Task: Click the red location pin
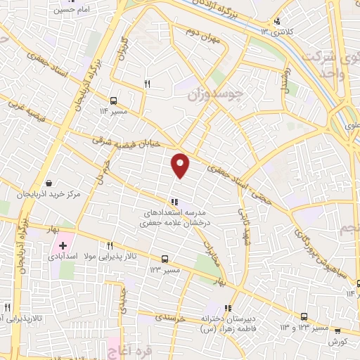pos(181,165)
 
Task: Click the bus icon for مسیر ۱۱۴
pos(114,101)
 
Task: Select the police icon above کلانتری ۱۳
pos(277,21)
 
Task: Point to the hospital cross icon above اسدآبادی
pos(63,246)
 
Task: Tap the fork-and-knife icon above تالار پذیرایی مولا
pos(110,245)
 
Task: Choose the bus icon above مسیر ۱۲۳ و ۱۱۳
pos(304,316)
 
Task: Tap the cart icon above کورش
pos(337,330)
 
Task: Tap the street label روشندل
pos(283,82)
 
